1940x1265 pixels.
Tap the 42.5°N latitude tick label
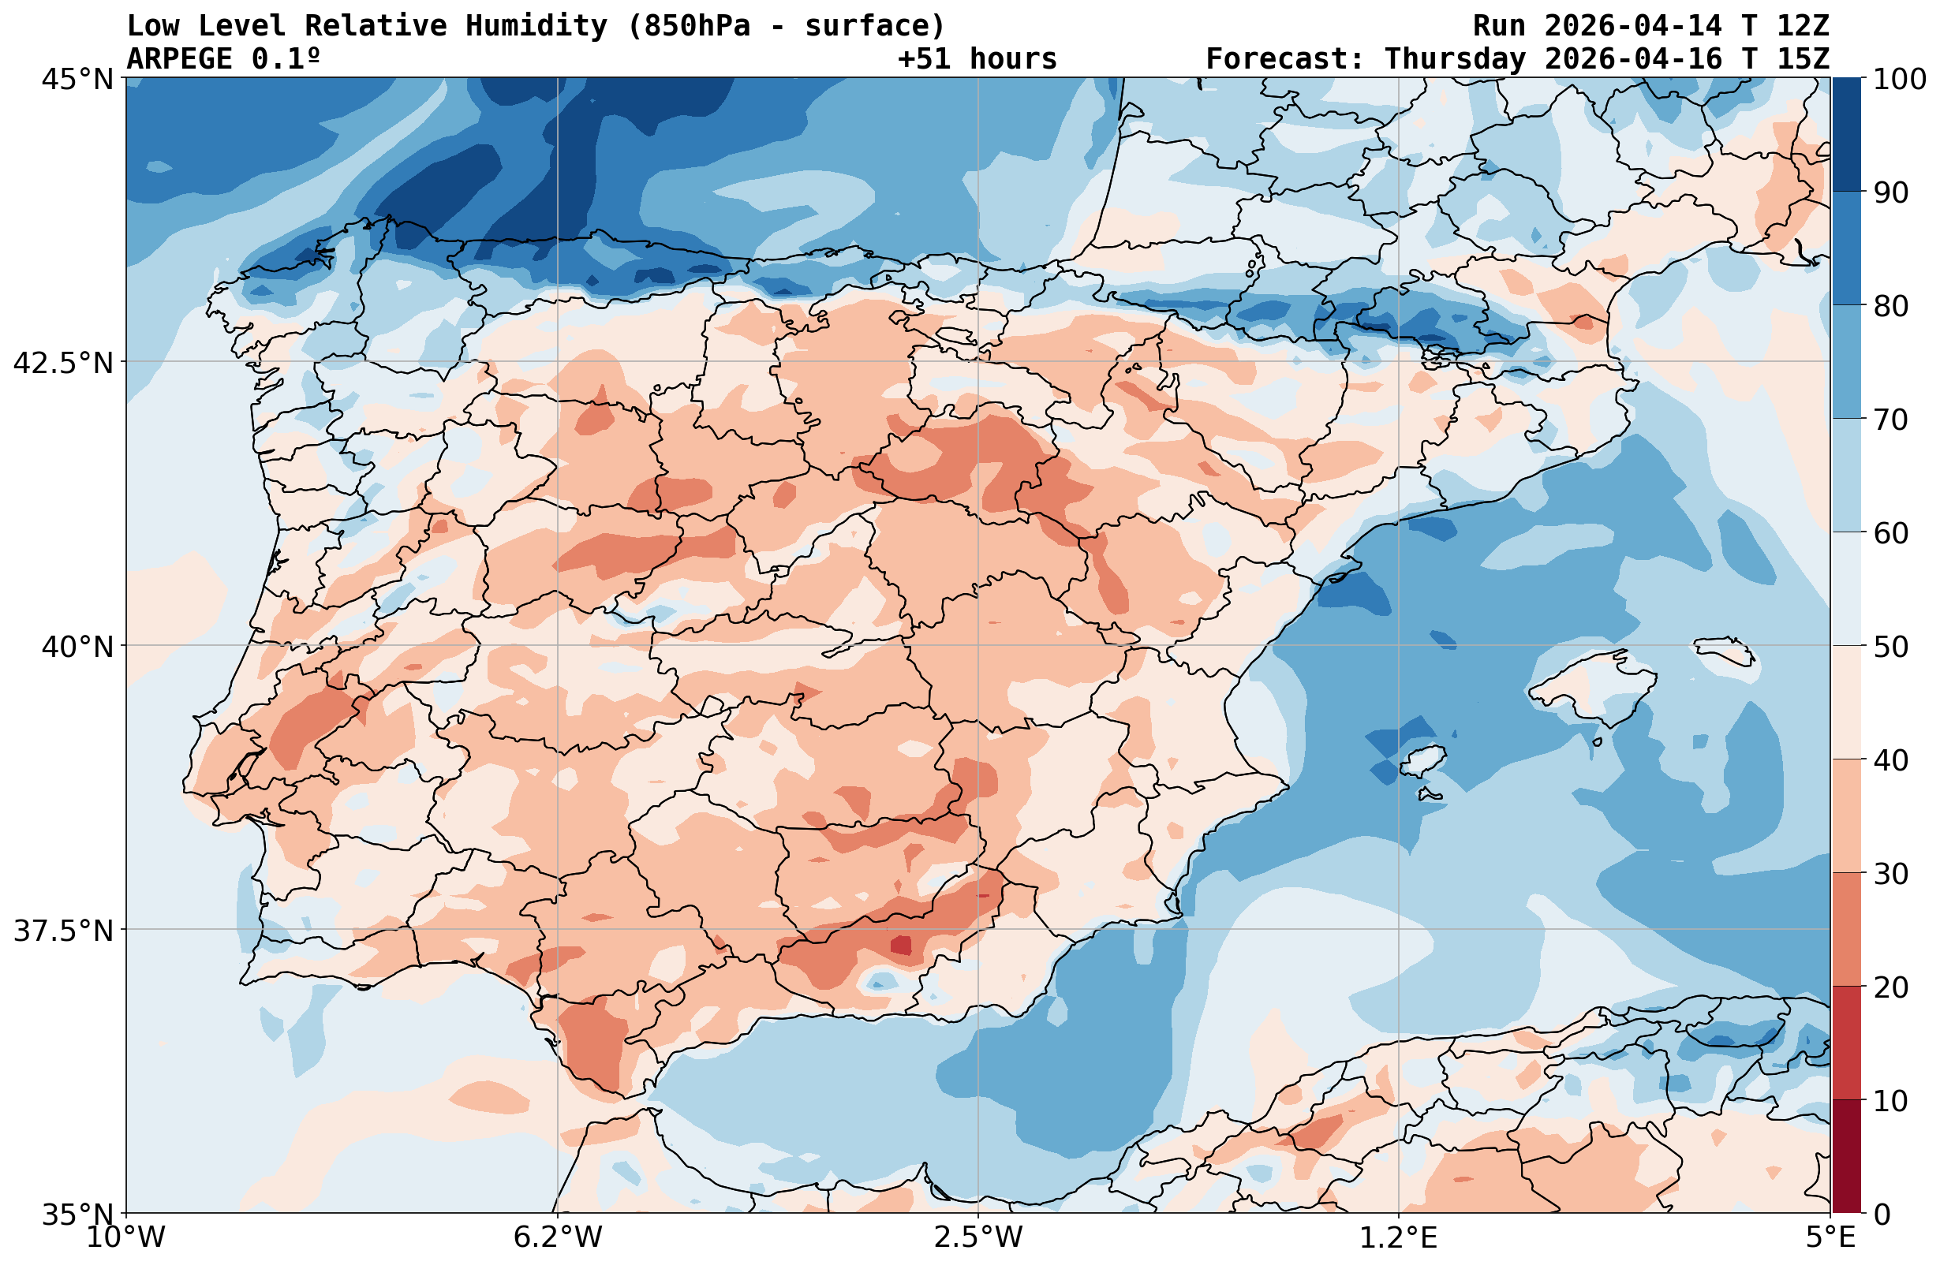(63, 362)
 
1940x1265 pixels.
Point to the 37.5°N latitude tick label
(63, 929)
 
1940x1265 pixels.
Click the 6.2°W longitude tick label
(558, 1237)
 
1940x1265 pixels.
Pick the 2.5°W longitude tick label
(978, 1237)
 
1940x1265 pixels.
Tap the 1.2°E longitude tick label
(1399, 1237)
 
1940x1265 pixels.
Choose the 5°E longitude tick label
(1830, 1237)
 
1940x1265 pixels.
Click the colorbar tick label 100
(1899, 79)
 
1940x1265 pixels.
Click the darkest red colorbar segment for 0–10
(1847, 1157)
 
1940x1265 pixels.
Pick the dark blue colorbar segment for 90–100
(1847, 135)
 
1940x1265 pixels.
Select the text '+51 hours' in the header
(977, 58)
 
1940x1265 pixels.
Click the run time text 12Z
(1802, 26)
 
